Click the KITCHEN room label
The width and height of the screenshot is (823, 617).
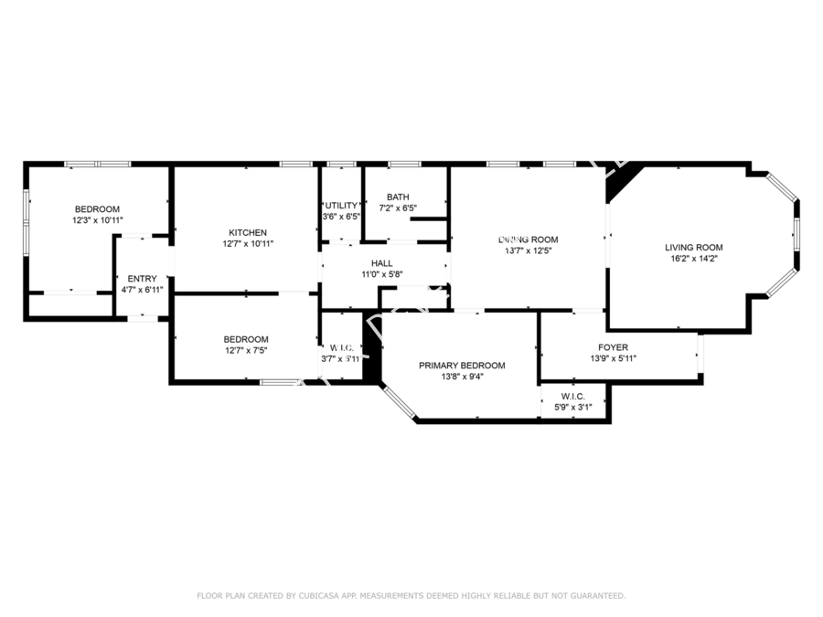247,232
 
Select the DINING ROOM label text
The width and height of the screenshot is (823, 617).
528,239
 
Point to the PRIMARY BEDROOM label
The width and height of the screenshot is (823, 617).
462,366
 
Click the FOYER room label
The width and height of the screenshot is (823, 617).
613,347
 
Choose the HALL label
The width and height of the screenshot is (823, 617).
381,262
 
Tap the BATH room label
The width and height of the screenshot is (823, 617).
398,197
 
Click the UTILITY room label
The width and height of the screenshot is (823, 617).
342,206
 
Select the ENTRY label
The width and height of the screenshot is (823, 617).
142,279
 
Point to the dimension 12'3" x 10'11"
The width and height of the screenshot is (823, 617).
97,220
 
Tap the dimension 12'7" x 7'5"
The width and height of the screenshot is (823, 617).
246,350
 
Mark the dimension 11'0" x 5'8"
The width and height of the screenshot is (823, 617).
381,273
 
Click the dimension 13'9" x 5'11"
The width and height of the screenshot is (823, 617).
613,358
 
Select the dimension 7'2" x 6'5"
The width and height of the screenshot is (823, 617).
398,208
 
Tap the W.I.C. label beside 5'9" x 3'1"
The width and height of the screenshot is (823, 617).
572,396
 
